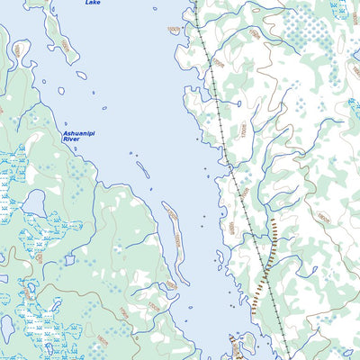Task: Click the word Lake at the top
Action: click(93, 3)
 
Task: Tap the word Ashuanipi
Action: click(77, 134)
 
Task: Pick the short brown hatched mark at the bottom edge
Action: click(235, 346)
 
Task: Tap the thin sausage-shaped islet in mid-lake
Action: click(142, 168)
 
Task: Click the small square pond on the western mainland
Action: click(69, 260)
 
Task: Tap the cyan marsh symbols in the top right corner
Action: click(339, 9)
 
